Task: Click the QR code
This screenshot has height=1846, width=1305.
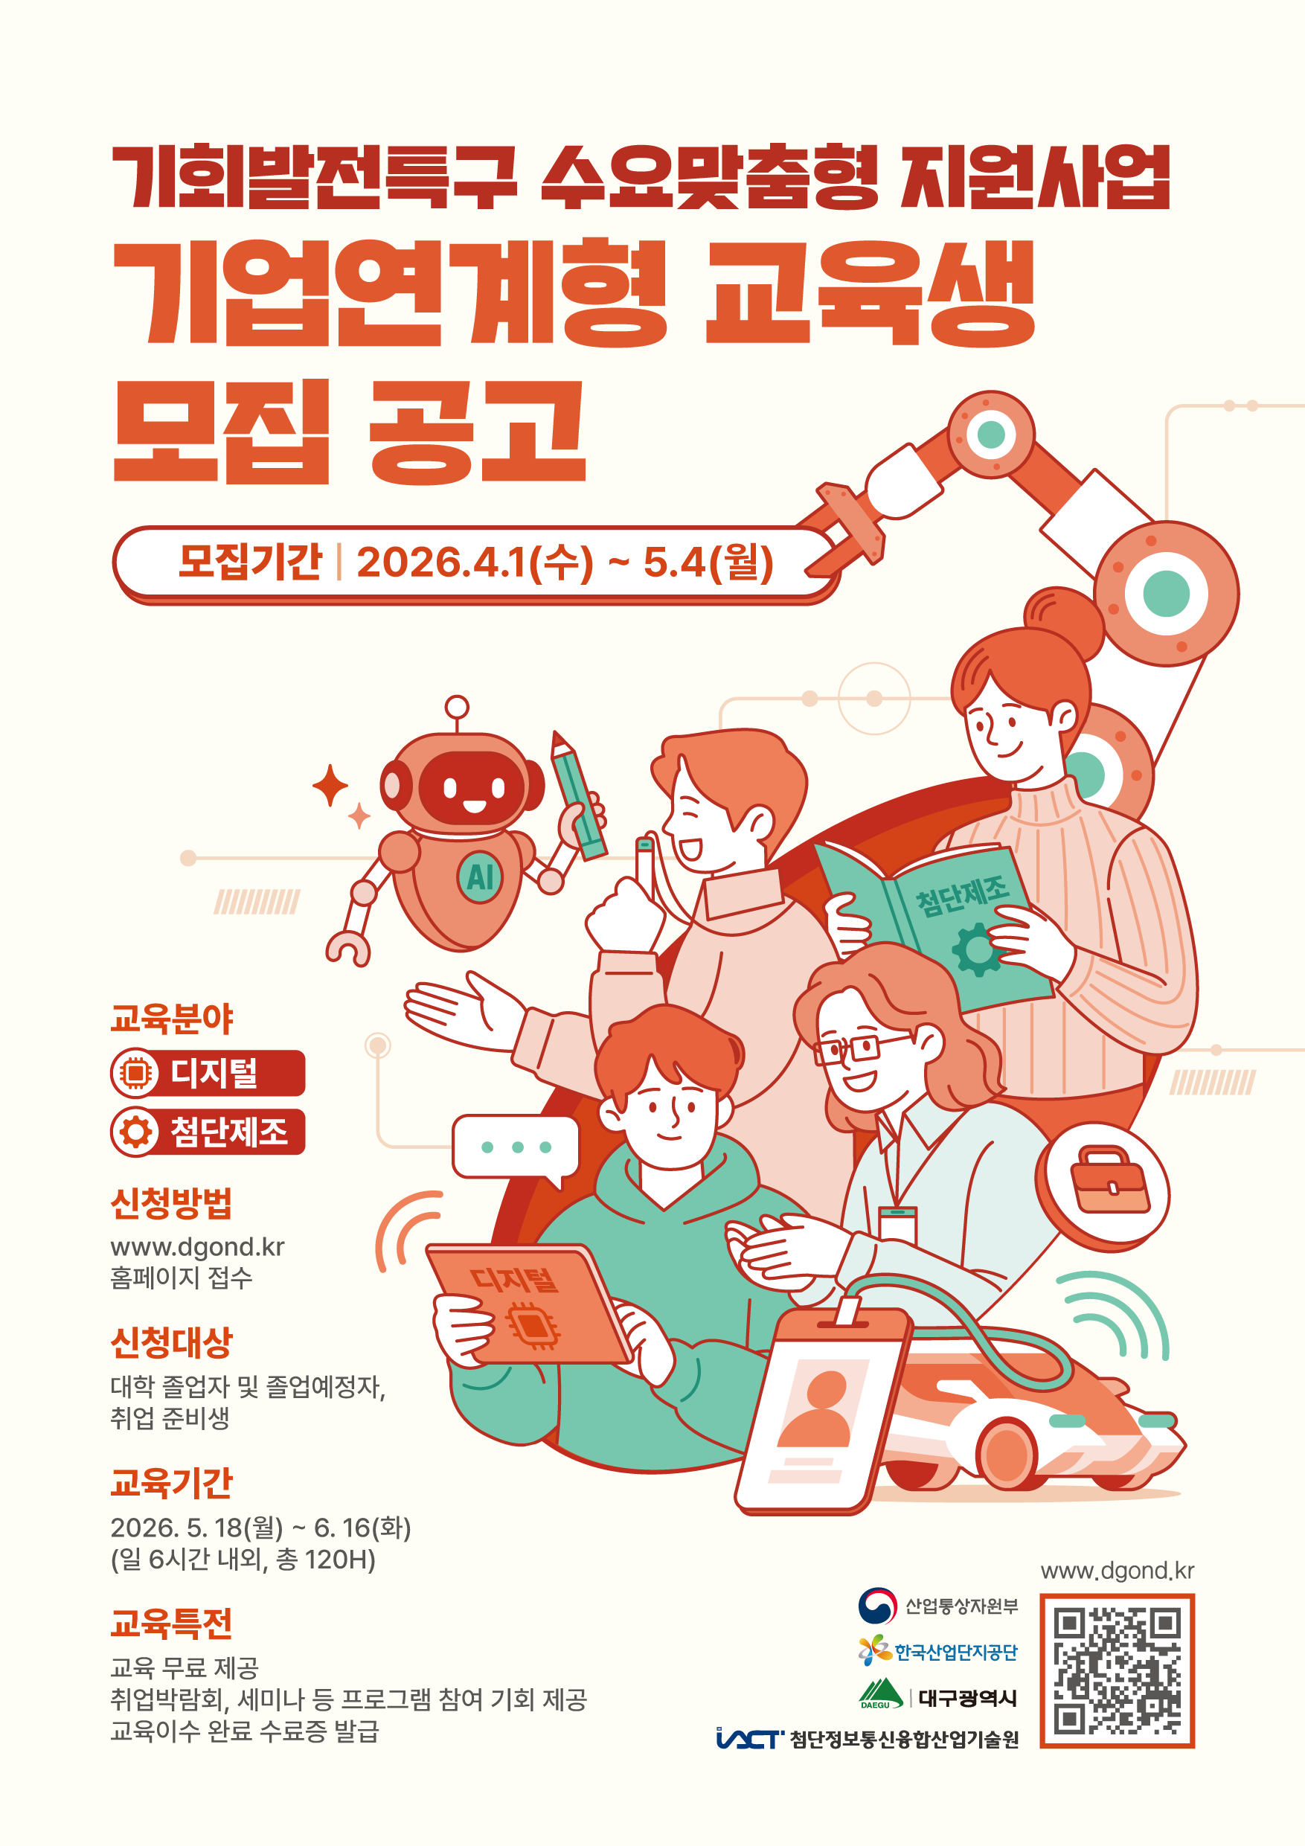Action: pos(1117,1670)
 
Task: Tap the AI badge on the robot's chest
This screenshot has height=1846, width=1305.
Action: pos(479,877)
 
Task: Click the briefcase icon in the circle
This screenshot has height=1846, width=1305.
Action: pos(1109,1179)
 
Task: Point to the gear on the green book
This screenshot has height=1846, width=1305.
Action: pos(977,950)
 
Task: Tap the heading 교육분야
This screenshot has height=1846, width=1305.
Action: pos(171,1019)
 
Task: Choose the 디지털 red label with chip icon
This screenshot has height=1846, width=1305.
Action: pos(208,1072)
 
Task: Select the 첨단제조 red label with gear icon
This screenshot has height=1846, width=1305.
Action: pos(208,1131)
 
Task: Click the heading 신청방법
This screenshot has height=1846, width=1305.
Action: pos(171,1204)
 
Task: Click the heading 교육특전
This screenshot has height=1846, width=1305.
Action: pos(171,1624)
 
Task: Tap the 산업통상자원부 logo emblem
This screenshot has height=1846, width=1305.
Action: pos(876,1606)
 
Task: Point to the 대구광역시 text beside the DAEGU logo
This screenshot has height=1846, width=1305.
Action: pos(967,1698)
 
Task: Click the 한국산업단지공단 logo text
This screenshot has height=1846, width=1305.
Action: pos(956,1652)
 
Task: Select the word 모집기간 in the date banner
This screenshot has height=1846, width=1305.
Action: pos(250,561)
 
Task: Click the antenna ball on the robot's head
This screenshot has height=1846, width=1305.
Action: pos(457,707)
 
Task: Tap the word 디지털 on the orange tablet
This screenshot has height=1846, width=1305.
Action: pos(513,1278)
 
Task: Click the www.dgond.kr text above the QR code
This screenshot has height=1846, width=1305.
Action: pos(1117,1570)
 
